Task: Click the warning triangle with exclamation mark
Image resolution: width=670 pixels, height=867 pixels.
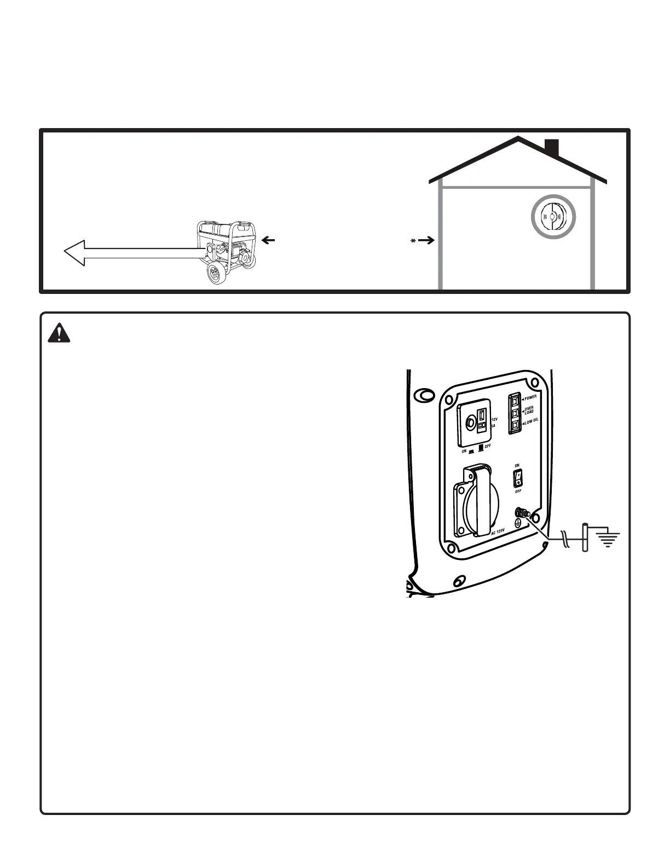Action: pos(59,333)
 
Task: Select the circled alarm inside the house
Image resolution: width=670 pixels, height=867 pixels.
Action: pos(553,217)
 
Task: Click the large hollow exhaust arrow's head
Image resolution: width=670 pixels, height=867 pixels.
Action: pos(75,253)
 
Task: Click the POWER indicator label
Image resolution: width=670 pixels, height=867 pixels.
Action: pos(531,398)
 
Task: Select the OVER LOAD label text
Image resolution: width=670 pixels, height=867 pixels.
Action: pos(529,409)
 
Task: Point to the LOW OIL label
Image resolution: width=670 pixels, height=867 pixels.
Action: pos(530,420)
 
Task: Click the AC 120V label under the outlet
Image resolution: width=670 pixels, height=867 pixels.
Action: pos(497,532)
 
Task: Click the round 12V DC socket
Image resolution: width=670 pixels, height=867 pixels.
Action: pos(470,423)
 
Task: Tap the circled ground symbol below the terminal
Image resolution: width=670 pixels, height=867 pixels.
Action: pos(517,523)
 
